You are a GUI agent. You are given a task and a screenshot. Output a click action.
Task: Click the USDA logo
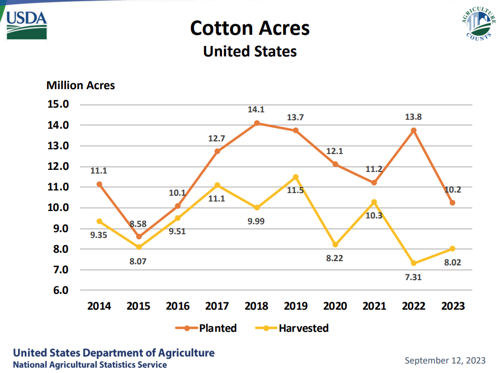pos(27,24)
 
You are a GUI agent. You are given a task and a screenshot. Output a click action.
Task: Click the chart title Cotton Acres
pos(249,28)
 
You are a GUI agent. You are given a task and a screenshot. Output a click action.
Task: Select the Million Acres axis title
pos(80,85)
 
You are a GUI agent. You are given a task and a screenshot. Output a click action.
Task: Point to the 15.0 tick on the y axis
pos(58,104)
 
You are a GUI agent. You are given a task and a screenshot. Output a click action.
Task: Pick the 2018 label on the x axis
pos(257,307)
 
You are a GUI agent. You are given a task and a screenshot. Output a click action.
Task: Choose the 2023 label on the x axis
pos(452,307)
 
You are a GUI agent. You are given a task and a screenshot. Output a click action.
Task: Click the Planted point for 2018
pos(257,123)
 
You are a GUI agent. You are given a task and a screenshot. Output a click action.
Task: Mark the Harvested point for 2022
pos(413,263)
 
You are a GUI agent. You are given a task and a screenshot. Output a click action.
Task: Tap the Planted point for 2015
pos(139,237)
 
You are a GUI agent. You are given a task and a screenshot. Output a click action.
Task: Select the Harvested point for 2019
pos(296,177)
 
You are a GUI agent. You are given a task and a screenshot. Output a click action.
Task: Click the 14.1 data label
pos(257,110)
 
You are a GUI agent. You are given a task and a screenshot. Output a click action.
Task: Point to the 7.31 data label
pos(413,277)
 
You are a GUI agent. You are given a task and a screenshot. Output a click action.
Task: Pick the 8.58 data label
pos(139,224)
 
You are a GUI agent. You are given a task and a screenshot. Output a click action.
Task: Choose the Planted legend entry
pos(207,328)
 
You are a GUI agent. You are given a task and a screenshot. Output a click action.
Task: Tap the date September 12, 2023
pos(445,361)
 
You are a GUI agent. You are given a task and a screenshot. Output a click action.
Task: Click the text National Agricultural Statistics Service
pos(90,365)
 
